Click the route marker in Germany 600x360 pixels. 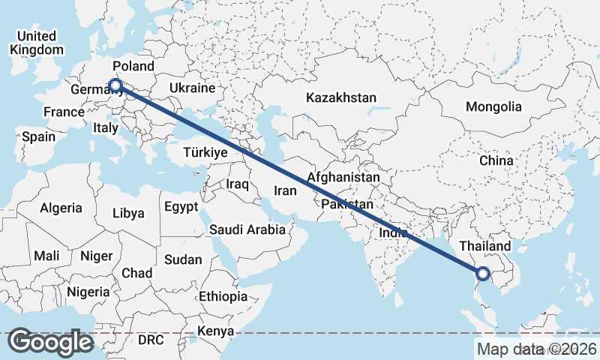tap(116, 85)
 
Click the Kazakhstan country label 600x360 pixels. tap(341, 97)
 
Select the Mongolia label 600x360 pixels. tap(493, 106)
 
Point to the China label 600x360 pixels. tap(496, 160)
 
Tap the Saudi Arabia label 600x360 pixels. tap(247, 229)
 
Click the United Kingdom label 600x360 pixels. tap(37, 43)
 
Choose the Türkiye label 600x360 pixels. tap(205, 152)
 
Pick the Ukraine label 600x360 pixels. tap(192, 88)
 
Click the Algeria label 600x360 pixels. tap(61, 208)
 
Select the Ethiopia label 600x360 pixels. tap(223, 296)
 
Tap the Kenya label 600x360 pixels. tap(216, 331)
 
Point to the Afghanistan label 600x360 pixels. tap(343, 178)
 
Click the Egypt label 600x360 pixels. tap(181, 206)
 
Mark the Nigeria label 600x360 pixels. tap(88, 291)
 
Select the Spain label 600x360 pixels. tap(38, 136)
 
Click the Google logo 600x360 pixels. tap(50, 342)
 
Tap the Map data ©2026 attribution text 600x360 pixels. tap(536, 349)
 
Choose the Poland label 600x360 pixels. tap(133, 66)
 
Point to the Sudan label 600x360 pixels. tap(183, 259)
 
